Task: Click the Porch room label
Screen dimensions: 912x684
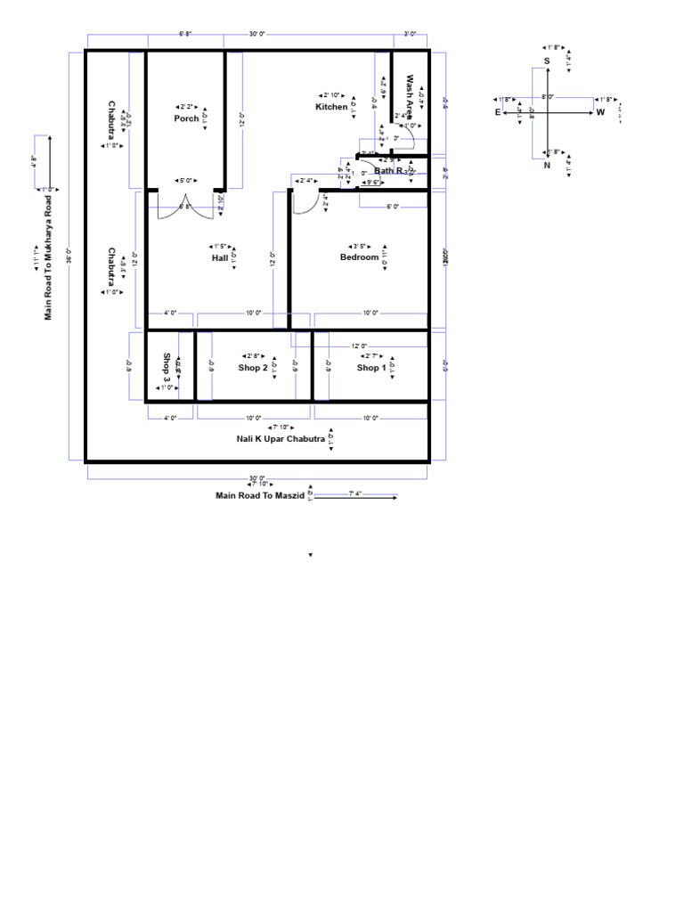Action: click(x=186, y=118)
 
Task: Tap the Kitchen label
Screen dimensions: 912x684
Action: click(x=331, y=107)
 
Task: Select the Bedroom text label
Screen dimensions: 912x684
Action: click(x=359, y=257)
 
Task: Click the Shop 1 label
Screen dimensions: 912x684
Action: click(x=371, y=368)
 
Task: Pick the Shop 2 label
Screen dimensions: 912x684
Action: click(x=252, y=368)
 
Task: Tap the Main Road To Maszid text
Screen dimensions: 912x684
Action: click(x=260, y=495)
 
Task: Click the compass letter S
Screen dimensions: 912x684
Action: click(x=547, y=61)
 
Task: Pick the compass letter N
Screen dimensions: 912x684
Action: click(x=547, y=165)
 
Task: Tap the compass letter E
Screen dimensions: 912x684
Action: click(x=498, y=113)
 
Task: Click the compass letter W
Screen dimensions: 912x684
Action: click(x=600, y=113)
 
